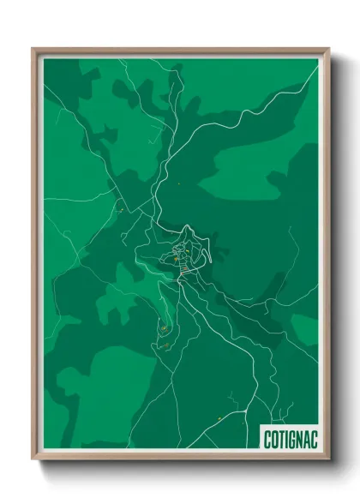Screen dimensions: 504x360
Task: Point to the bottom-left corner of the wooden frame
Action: point(33,460)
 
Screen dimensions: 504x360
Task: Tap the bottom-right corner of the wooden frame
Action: point(329,460)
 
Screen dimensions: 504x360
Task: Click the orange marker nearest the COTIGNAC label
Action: point(220,418)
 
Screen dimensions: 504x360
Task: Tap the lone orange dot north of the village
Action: point(179,183)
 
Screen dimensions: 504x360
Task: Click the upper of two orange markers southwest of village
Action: point(162,327)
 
